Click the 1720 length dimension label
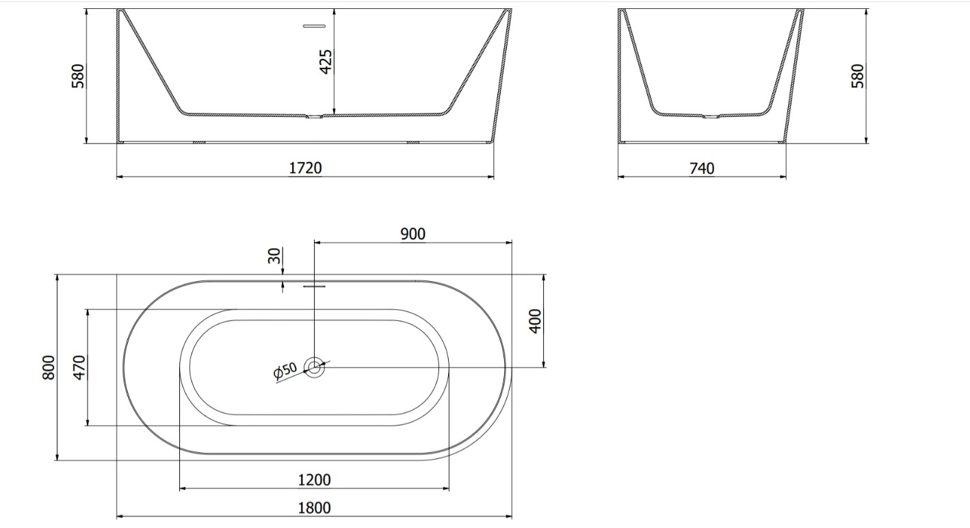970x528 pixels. click(x=305, y=168)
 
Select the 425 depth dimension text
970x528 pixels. click(x=326, y=62)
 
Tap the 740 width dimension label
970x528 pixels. click(x=702, y=168)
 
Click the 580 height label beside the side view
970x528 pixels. click(x=857, y=76)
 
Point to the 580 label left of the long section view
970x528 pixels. click(x=77, y=76)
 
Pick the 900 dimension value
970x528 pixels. click(x=412, y=234)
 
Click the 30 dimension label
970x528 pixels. click(x=274, y=256)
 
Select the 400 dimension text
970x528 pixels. click(x=535, y=321)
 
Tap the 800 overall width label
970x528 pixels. click(x=49, y=367)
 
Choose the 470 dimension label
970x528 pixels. click(x=79, y=367)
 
